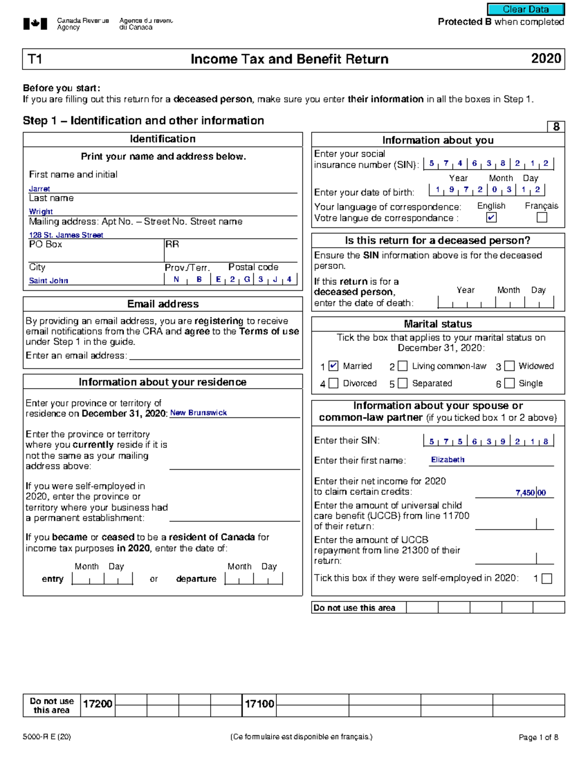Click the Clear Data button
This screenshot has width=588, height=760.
point(526,9)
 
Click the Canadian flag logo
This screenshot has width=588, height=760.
point(35,23)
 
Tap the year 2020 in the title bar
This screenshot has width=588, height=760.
point(546,59)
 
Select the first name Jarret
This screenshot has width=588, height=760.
point(39,189)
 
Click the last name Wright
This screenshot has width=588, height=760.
point(41,211)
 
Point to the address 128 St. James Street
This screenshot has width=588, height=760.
point(66,235)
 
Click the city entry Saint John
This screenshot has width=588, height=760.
point(48,280)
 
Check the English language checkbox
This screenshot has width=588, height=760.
point(491,217)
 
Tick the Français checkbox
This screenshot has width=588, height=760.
point(541,217)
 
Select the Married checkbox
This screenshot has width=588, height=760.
point(333,366)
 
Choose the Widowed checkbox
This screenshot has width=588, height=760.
point(510,366)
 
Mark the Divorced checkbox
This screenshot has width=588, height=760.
point(333,383)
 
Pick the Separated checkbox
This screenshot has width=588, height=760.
point(402,383)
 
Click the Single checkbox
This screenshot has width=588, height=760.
point(510,383)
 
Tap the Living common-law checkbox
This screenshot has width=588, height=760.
point(402,366)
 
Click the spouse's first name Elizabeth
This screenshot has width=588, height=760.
point(447,460)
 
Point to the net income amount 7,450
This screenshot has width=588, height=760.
point(525,493)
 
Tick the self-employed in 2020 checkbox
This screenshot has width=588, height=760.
point(547,578)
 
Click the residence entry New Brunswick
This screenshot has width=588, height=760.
point(198,413)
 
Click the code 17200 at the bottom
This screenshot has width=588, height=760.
point(98,704)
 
